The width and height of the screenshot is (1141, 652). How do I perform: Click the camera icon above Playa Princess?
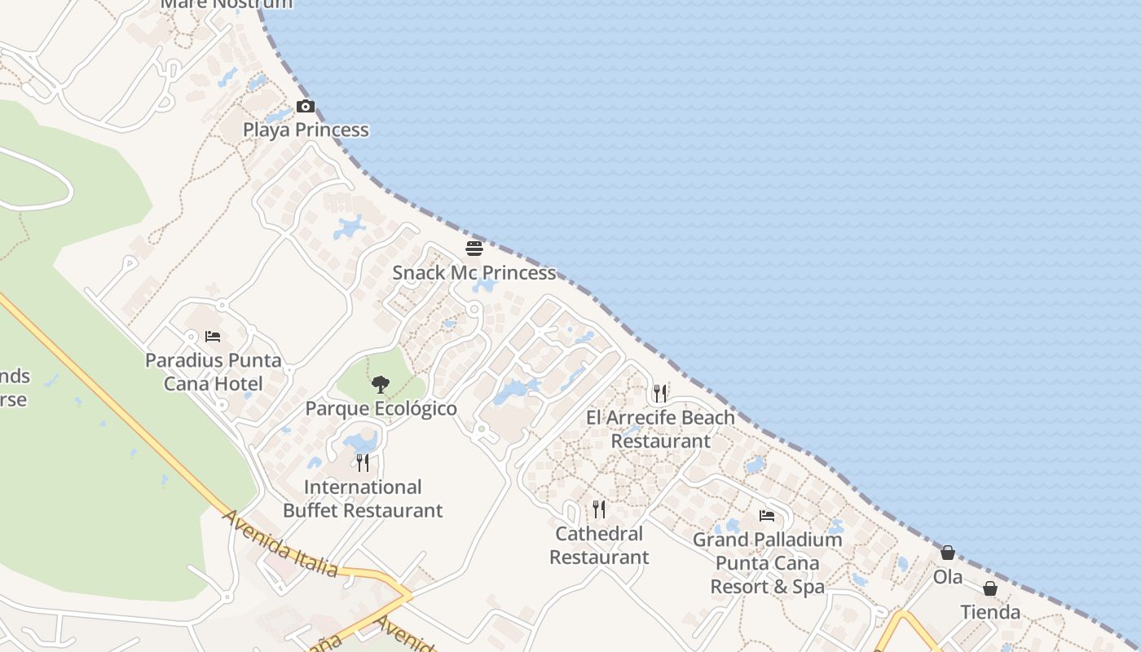click(x=306, y=106)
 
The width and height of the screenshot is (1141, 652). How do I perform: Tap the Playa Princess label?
click(x=306, y=130)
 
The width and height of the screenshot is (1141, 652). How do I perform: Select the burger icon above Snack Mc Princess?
click(x=474, y=248)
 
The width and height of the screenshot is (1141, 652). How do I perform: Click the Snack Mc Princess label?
click(x=474, y=272)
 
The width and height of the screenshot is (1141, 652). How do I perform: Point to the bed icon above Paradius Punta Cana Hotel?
click(x=213, y=336)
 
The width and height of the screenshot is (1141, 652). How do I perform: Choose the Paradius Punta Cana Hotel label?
click(x=213, y=372)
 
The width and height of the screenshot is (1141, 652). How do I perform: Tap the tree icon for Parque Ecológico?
click(x=380, y=385)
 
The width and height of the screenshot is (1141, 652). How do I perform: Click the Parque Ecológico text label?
click(x=381, y=408)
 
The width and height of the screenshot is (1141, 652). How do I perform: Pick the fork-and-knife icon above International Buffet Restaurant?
click(x=363, y=463)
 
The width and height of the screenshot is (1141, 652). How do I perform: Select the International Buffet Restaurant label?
click(x=363, y=499)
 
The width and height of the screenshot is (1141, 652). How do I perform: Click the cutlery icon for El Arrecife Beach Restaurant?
click(x=660, y=393)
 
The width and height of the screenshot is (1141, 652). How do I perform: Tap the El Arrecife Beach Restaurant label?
click(x=660, y=429)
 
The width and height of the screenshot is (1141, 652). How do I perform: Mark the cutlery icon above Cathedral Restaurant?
click(x=599, y=509)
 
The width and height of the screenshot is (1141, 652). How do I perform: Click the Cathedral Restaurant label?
click(x=599, y=545)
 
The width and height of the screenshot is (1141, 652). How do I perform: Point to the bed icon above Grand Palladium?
click(x=767, y=515)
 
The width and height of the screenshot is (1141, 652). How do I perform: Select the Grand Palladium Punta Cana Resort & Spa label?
click(x=767, y=562)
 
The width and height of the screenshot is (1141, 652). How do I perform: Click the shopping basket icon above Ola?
click(x=948, y=553)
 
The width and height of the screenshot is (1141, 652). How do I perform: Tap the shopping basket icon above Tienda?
click(x=990, y=588)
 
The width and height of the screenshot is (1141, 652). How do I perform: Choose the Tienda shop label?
click(x=990, y=612)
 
